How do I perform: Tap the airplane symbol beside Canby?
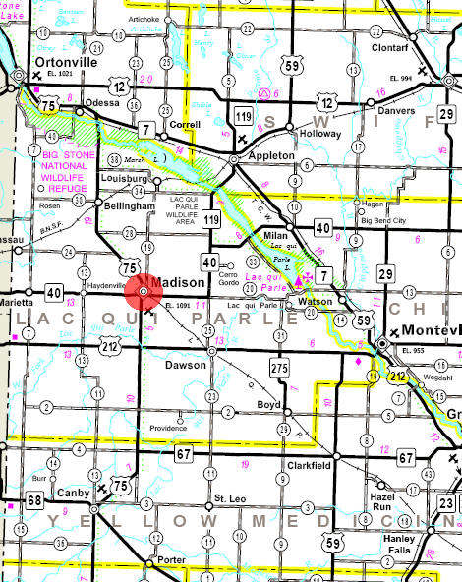coord(101,488)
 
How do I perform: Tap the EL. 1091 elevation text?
coord(178,307)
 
